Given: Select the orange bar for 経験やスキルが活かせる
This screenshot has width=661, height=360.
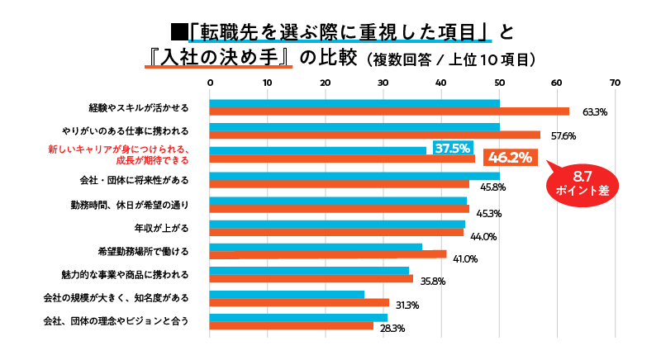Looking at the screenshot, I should tap(389, 111).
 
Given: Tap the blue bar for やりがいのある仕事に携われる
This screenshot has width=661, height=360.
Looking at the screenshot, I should tap(354, 127).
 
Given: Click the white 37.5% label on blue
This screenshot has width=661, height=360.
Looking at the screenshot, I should tap(453, 149).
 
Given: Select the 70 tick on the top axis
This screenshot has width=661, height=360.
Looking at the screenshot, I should tap(614, 83).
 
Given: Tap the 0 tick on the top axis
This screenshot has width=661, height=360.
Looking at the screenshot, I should tap(210, 83).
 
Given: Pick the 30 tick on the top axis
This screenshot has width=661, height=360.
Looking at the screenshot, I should tap(383, 83).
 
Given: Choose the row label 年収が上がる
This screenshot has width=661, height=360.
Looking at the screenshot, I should tap(160, 226).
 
